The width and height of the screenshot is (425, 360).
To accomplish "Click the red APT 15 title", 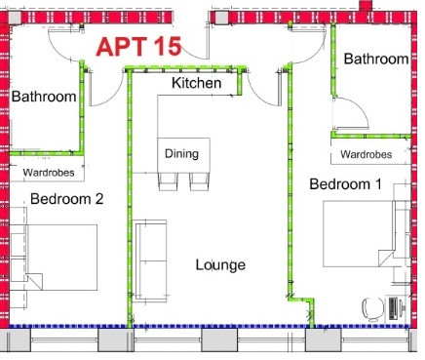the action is (138, 47).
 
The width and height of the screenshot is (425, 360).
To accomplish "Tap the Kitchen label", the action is (197, 83).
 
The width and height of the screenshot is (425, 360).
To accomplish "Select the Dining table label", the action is (181, 153).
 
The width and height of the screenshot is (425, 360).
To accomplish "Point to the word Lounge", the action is (220, 264).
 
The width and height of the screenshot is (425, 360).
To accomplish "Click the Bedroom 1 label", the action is (345, 184).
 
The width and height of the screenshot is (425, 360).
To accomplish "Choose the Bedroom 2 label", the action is (67, 199).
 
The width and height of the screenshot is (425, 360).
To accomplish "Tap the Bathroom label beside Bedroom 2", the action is (44, 97).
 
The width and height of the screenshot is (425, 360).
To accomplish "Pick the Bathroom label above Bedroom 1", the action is (376, 59).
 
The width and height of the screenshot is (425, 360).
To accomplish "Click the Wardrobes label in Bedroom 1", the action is (367, 154).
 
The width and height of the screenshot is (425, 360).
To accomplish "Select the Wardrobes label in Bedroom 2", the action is (49, 173).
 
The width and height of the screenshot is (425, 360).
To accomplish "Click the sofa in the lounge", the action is (150, 260).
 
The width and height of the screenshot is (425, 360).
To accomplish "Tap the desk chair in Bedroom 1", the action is (373, 309).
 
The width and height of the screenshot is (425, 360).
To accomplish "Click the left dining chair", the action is (169, 181).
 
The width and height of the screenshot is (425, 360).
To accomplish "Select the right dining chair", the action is (199, 181).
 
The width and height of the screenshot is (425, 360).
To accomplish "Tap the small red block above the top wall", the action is (366, 6).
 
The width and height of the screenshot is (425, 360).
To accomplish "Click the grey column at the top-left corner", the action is (15, 18).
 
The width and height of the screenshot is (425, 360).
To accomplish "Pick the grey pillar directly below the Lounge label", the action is (219, 340).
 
